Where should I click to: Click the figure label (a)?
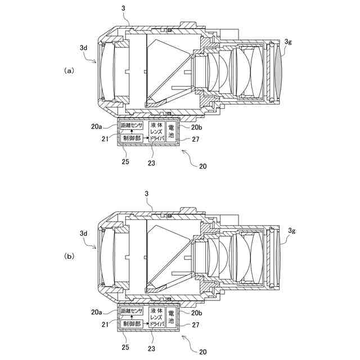pyautogui.click(x=69, y=71)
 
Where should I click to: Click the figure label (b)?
pyautogui.click(x=69, y=256)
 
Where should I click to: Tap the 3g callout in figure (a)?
pyautogui.click(x=288, y=41)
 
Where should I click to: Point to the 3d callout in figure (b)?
pyautogui.click(x=83, y=232)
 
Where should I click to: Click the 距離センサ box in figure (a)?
pyautogui.click(x=131, y=125)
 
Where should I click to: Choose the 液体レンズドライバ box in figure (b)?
pyautogui.click(x=157, y=317)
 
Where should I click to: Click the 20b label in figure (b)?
pyautogui.click(x=196, y=312)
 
